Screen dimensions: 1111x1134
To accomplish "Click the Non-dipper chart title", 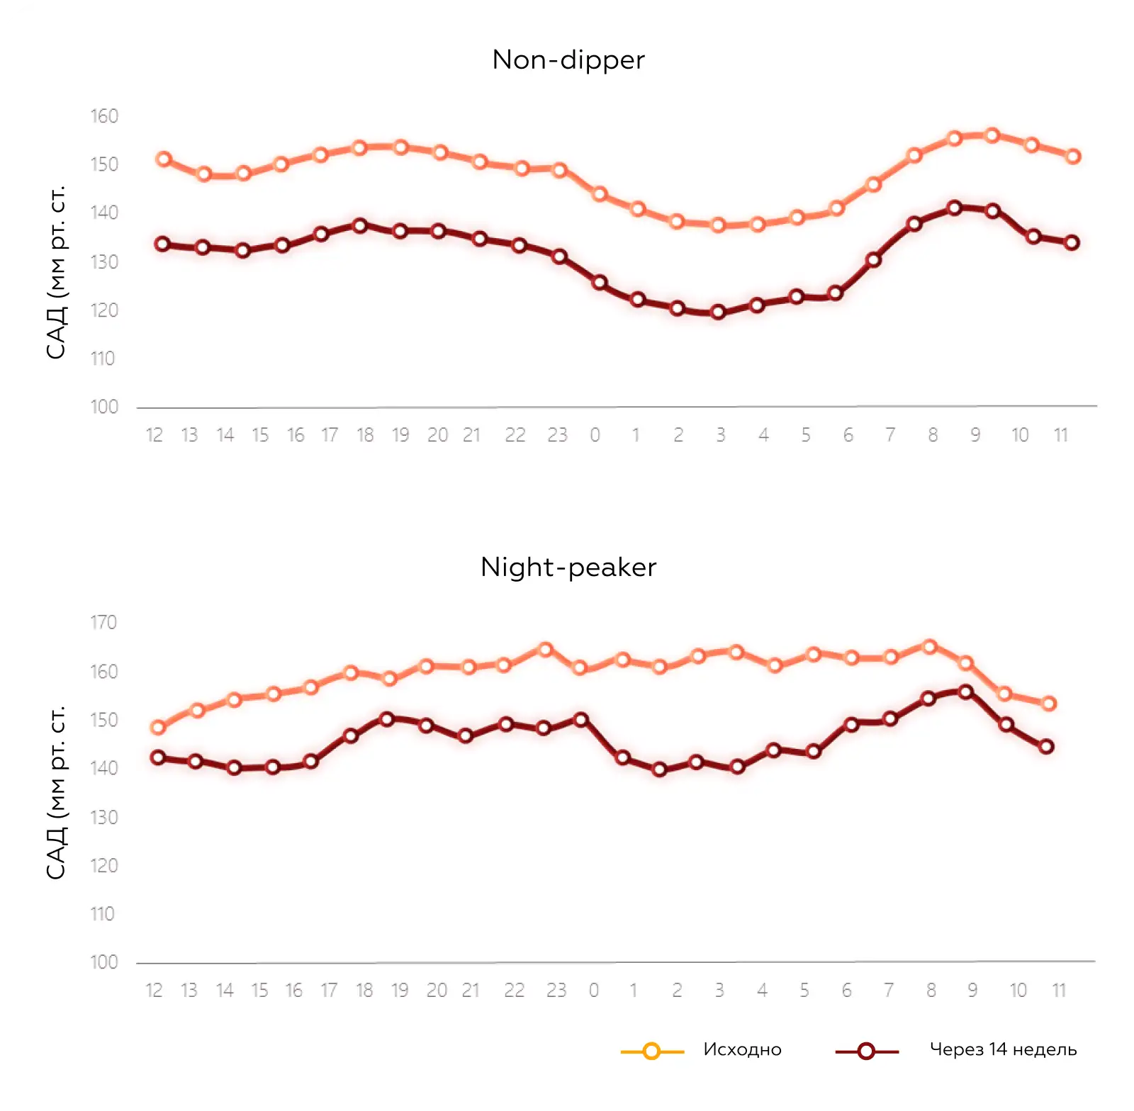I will click(x=568, y=60).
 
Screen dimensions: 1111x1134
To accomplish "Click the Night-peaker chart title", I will click(x=568, y=568).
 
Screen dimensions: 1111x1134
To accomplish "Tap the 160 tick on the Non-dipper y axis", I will click(x=104, y=116).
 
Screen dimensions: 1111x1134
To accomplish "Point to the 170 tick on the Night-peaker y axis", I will click(x=103, y=623).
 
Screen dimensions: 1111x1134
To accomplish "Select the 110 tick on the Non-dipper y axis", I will click(x=103, y=359).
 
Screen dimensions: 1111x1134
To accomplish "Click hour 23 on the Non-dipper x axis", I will click(x=557, y=435).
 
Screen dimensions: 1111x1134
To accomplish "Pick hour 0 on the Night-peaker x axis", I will click(x=594, y=991).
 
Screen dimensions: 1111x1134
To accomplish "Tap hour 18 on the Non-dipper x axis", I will click(x=365, y=435).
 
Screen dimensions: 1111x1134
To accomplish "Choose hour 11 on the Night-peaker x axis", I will click(x=1059, y=991).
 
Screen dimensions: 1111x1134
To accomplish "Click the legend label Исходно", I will click(x=742, y=1049).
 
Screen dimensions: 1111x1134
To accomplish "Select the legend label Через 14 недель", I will click(x=1003, y=1049).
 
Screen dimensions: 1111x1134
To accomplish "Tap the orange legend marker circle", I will click(x=652, y=1051).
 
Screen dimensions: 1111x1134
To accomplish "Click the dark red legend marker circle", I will click(x=866, y=1051).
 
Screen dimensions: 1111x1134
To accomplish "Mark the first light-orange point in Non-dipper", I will click(x=164, y=159).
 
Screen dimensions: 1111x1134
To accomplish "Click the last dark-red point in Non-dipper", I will click(x=1072, y=242).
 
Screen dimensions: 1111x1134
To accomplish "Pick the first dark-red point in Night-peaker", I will click(x=158, y=757).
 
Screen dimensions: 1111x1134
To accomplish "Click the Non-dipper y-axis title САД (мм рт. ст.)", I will click(x=57, y=272).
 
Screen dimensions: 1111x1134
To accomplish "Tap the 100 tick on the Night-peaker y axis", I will click(x=104, y=962).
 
